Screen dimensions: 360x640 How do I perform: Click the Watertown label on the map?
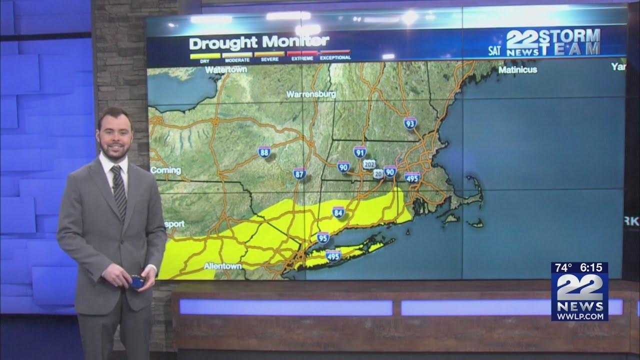226,70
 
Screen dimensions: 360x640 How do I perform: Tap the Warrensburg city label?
311,94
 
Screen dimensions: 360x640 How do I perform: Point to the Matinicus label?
517,70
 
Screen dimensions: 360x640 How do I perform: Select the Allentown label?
222,266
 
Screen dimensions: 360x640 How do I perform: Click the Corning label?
165,170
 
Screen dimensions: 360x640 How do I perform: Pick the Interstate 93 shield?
410,123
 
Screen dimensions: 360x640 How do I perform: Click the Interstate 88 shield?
264,151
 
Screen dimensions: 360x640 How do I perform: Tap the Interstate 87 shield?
299,173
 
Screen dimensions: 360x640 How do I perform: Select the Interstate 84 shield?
338,212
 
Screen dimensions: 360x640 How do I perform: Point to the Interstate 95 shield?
323,237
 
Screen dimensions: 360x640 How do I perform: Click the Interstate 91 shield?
359,151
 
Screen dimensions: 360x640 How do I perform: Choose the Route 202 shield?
369,164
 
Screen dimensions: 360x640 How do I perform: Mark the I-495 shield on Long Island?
333,255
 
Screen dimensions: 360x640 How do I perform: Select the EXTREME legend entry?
302,55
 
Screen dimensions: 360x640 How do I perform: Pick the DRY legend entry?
205,55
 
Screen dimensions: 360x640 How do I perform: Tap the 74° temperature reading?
563,268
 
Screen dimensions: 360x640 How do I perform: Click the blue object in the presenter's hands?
136,282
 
